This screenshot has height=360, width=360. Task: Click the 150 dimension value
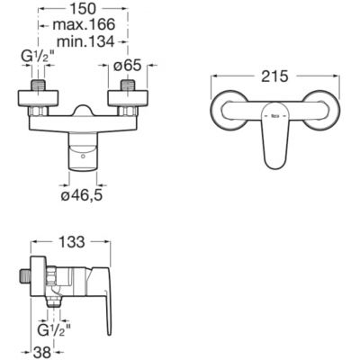[x=83, y=9]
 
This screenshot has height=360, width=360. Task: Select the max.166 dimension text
[x=85, y=24]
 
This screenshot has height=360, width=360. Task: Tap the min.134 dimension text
[x=85, y=41]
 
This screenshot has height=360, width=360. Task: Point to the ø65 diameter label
[x=127, y=65]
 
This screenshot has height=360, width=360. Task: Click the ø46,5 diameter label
[x=82, y=195]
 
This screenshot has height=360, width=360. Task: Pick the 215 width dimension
[x=274, y=76]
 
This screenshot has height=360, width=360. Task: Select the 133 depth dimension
[x=71, y=242]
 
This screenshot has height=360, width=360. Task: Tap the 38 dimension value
[x=42, y=354]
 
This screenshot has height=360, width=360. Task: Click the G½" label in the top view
[x=38, y=56]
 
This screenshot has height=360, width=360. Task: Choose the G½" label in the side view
[x=54, y=330]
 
